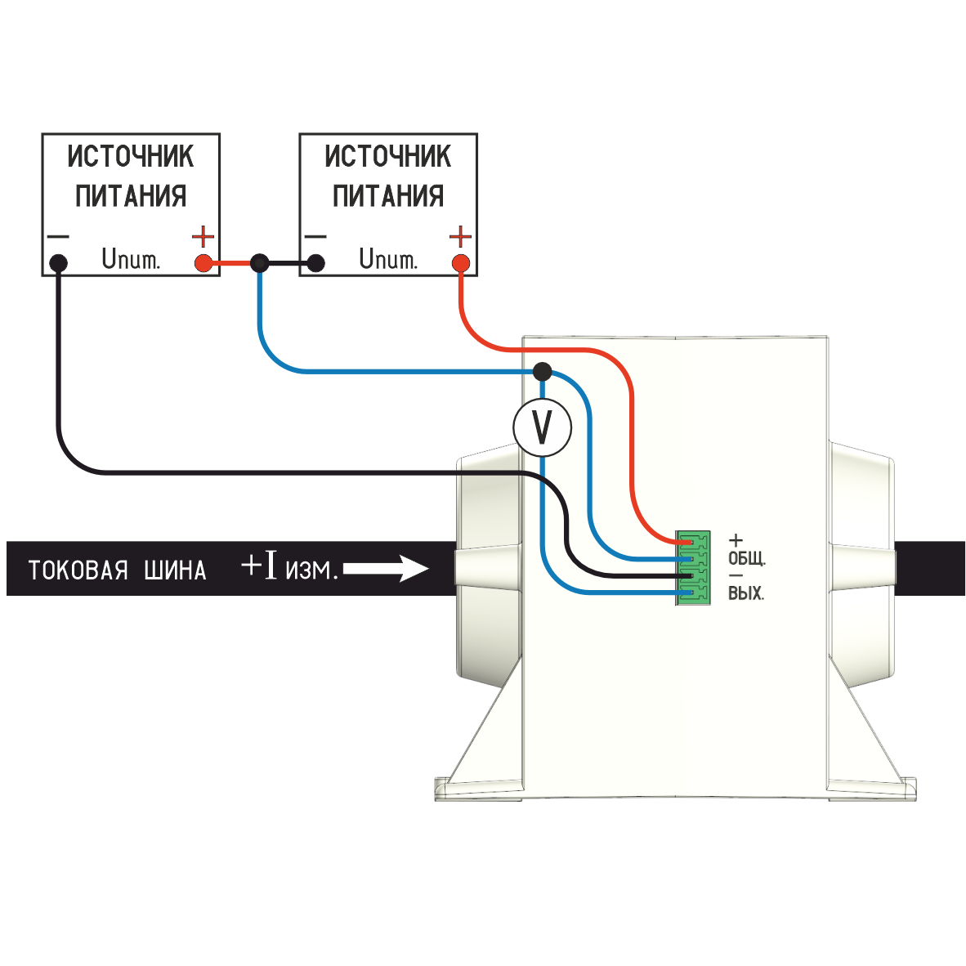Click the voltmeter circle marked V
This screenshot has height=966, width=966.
[x=542, y=427]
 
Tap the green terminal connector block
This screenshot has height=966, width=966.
[x=692, y=568]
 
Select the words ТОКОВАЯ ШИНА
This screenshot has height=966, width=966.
[x=117, y=570]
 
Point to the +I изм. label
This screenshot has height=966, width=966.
[x=289, y=566]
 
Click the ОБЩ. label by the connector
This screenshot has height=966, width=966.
[x=746, y=559]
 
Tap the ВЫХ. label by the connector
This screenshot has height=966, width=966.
[x=745, y=593]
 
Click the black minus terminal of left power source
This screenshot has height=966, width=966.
[x=58, y=263]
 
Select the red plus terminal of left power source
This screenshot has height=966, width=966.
[x=203, y=263]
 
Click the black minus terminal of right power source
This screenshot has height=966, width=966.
[x=315, y=263]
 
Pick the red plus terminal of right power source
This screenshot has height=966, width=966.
[x=461, y=263]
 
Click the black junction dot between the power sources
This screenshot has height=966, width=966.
[x=259, y=262]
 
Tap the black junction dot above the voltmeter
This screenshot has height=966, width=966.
[x=542, y=372]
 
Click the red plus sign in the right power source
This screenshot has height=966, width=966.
[x=461, y=237]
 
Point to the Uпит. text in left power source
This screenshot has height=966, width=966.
[x=131, y=259]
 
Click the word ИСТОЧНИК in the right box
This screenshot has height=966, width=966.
[x=388, y=155]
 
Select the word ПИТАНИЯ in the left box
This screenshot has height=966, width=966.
[x=131, y=196]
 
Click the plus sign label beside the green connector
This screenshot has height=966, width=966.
[x=736, y=540]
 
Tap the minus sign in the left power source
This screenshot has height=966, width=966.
[x=58, y=237]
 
